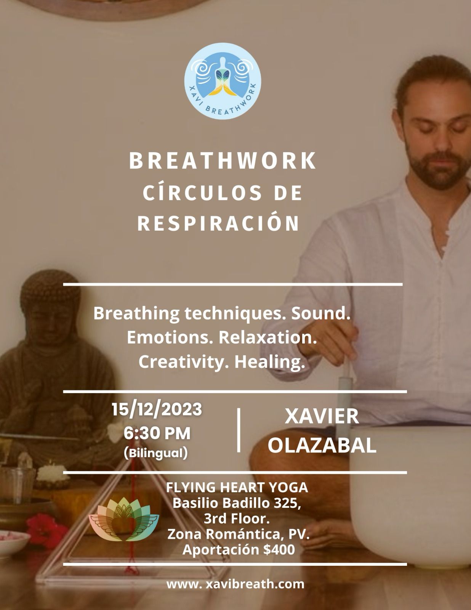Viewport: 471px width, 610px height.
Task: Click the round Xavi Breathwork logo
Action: [223, 81]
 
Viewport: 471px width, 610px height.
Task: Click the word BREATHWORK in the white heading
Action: [223, 161]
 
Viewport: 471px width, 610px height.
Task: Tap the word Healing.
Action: [269, 362]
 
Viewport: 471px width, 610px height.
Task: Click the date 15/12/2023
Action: [157, 409]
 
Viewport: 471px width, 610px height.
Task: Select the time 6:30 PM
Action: [157, 433]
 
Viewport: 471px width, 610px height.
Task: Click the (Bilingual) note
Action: [156, 453]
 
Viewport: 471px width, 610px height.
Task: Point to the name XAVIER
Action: [322, 416]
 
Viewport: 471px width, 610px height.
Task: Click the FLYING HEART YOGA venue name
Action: [237, 487]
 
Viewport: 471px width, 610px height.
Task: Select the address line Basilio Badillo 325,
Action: [237, 503]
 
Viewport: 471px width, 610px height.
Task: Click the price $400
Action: [279, 549]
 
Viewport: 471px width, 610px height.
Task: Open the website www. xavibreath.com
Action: [235, 584]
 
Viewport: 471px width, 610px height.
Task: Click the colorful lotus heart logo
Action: [124, 519]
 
